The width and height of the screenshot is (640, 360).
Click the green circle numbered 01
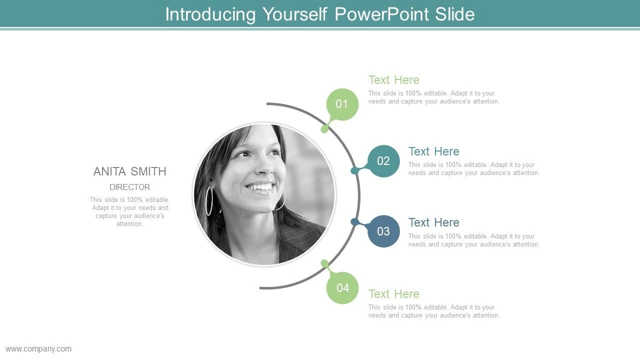coord(342,104)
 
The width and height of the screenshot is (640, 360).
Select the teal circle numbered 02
coord(383,161)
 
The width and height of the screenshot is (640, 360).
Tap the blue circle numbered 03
coord(383,231)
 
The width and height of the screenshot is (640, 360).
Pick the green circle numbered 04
coord(342,287)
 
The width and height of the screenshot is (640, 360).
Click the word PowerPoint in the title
coord(381,14)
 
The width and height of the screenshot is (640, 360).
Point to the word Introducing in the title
coord(210,15)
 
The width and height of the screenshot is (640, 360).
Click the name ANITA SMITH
coord(129,171)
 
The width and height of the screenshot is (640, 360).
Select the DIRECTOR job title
coord(129,187)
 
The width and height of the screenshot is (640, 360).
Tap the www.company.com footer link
coord(38,349)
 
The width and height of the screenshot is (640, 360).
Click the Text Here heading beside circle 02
coord(433,151)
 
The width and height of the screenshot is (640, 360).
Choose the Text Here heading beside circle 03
coord(433,222)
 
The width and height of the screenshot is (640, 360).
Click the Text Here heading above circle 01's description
coord(393,80)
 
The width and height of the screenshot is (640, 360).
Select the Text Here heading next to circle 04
coord(393,294)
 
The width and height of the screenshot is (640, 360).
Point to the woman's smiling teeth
coord(259,187)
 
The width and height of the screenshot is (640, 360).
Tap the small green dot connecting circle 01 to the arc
coord(324,129)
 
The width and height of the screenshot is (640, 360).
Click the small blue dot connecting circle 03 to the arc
coord(354,222)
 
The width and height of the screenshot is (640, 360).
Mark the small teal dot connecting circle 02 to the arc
coord(354,170)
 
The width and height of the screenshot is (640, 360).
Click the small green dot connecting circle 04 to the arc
coord(324,263)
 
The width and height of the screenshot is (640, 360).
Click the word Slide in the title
coord(455,14)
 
